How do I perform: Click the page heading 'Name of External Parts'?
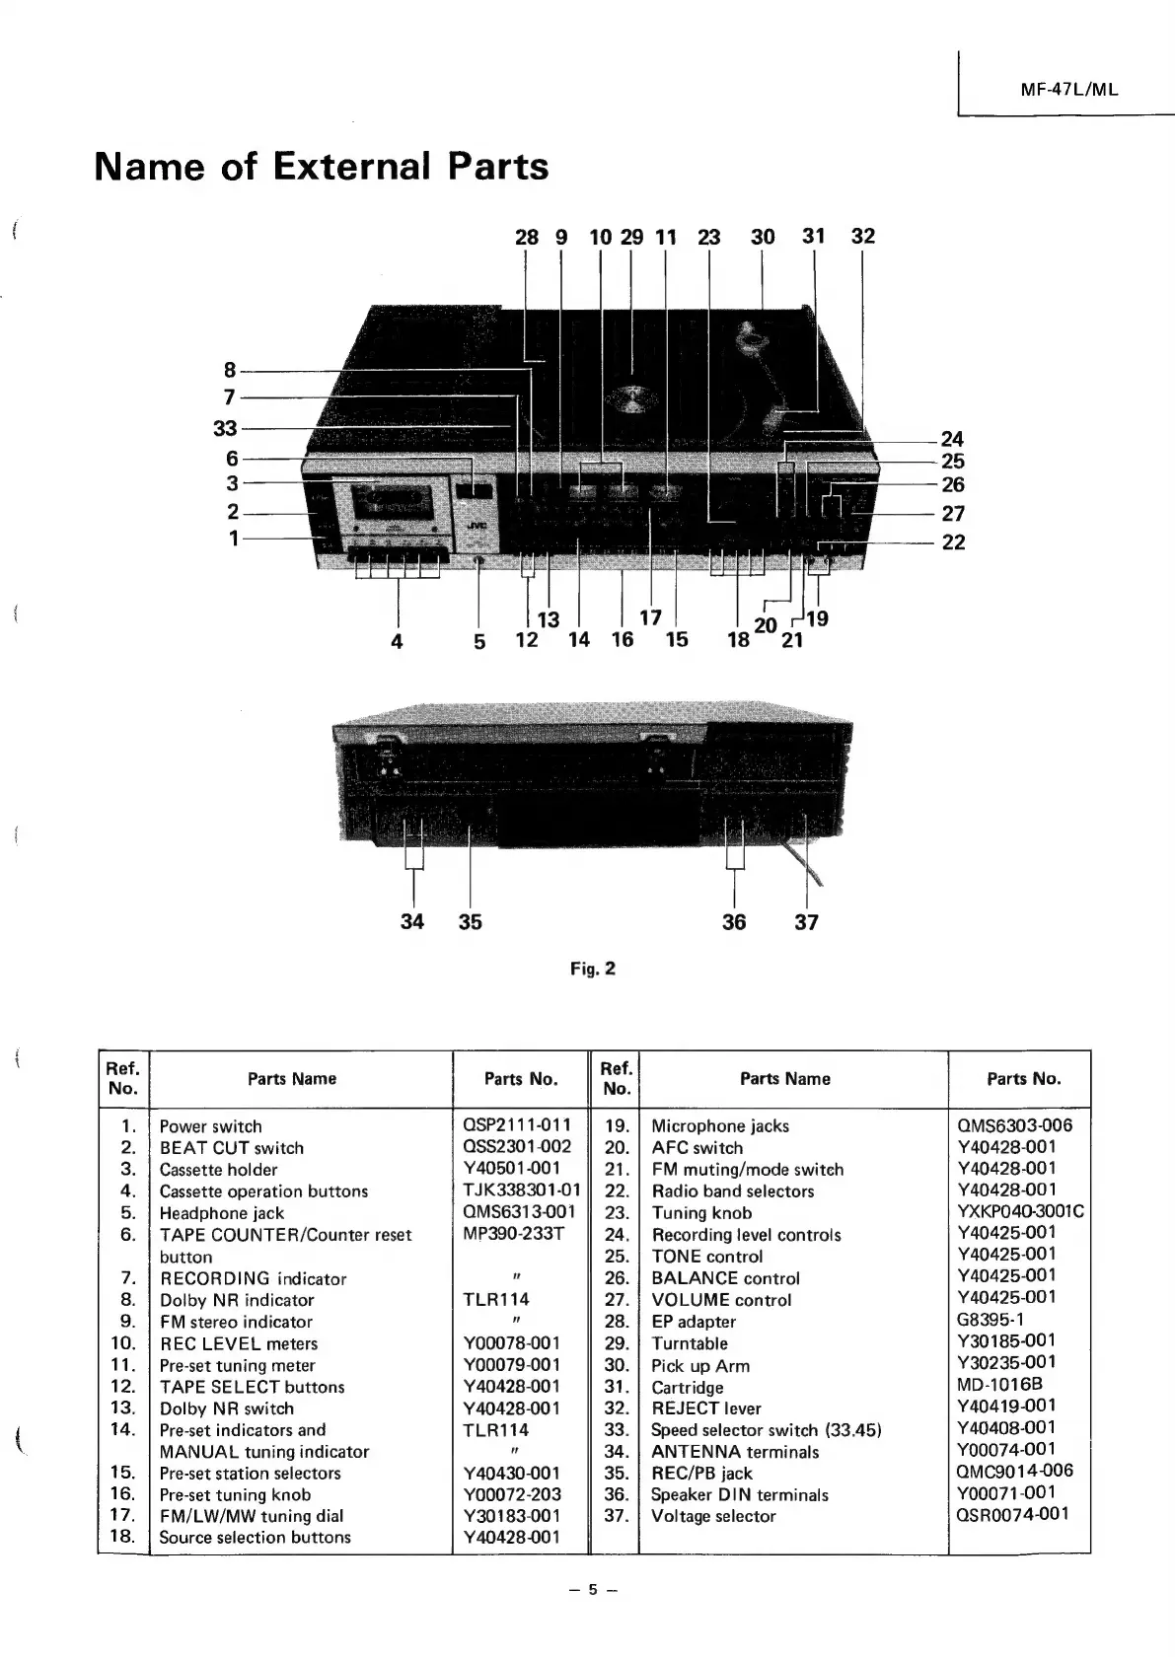(x=321, y=167)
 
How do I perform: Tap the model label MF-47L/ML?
(x=1069, y=88)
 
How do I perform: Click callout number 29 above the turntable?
(x=631, y=237)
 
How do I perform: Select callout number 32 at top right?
(x=862, y=236)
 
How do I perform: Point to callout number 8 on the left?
(x=230, y=370)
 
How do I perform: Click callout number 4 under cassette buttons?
(x=397, y=640)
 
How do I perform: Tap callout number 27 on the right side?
(x=952, y=513)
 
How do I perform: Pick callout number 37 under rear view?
(x=806, y=922)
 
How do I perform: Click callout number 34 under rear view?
(x=412, y=921)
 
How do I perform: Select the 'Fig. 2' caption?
(x=592, y=969)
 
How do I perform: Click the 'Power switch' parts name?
(x=210, y=1126)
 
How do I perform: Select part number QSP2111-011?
(x=516, y=1125)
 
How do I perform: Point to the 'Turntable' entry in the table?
(x=690, y=1343)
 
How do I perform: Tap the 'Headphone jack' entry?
(x=221, y=1213)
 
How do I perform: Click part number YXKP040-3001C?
(x=1020, y=1211)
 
